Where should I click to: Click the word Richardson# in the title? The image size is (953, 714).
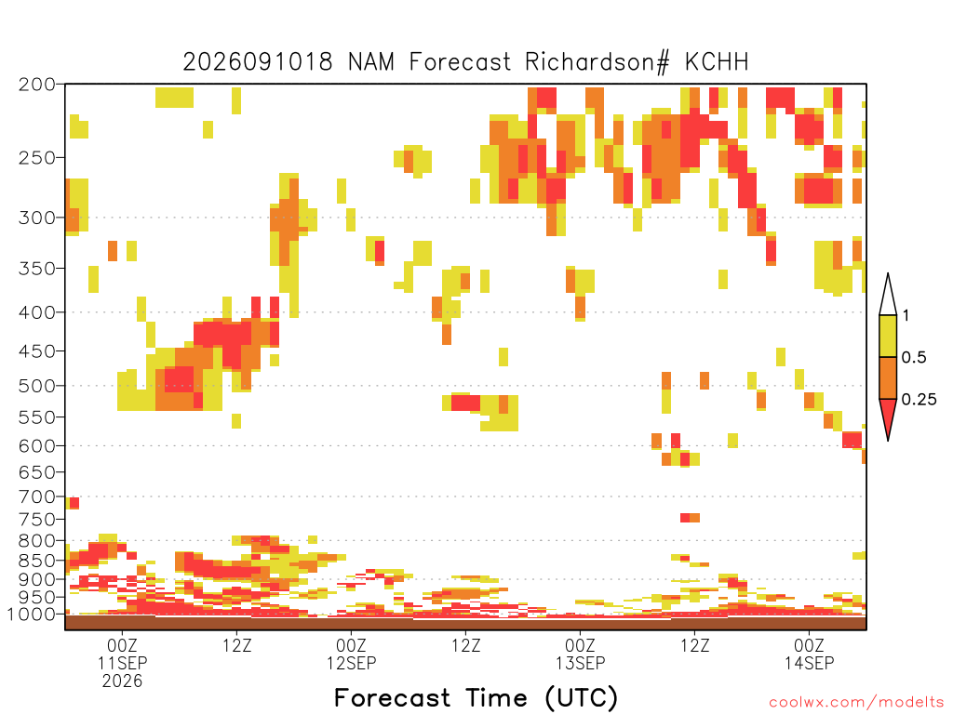597,62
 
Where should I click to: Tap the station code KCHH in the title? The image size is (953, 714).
717,62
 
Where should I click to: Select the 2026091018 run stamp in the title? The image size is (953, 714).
258,62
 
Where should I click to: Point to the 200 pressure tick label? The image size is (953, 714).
37,85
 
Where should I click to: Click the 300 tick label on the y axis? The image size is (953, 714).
37,218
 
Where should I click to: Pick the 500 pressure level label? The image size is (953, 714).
37,386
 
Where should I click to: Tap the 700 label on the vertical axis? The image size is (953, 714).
37,496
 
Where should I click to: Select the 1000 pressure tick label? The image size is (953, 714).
32,614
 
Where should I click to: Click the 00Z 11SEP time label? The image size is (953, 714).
122,654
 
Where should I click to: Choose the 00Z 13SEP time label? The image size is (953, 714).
581,654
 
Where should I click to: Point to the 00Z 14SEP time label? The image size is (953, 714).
809,654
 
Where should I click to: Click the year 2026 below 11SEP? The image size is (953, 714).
122,681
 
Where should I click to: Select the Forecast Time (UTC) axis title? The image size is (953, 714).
476,698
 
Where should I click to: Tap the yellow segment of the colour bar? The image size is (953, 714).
888,336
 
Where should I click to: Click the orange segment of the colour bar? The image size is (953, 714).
888,377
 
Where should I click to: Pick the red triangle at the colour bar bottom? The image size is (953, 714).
888,416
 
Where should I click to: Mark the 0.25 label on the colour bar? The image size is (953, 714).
919,400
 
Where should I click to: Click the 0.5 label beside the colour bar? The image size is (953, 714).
914,358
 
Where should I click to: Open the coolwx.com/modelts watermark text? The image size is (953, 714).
856,703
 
